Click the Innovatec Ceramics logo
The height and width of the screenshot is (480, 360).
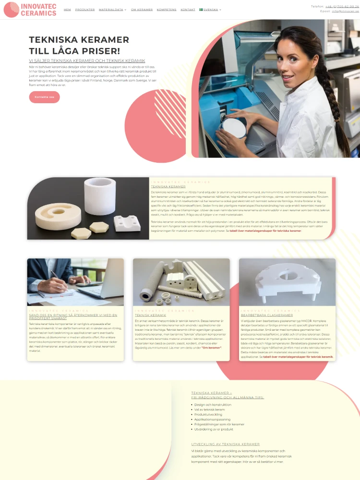tap(30, 10)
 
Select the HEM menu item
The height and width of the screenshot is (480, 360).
tap(67, 10)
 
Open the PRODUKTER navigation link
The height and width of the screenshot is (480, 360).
tap(85, 10)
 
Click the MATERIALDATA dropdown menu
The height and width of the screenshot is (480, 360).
tap(112, 10)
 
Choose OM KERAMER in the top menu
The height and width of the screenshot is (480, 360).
tap(142, 10)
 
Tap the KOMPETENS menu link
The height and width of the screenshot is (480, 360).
tap(167, 10)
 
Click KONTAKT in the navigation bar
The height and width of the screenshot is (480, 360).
tap(188, 10)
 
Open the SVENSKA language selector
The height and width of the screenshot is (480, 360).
tap(210, 10)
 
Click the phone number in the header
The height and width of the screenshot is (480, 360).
tap(342, 6)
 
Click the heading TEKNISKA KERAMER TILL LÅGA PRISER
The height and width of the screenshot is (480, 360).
tap(79, 46)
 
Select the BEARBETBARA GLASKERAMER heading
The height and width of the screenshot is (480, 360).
tap(266, 315)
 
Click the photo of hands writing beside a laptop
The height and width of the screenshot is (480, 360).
tap(75, 282)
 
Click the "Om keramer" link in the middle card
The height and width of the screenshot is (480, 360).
tap(212, 348)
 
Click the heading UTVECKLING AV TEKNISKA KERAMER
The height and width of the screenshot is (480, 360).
tap(225, 444)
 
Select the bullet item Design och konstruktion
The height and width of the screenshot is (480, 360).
tap(213, 405)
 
